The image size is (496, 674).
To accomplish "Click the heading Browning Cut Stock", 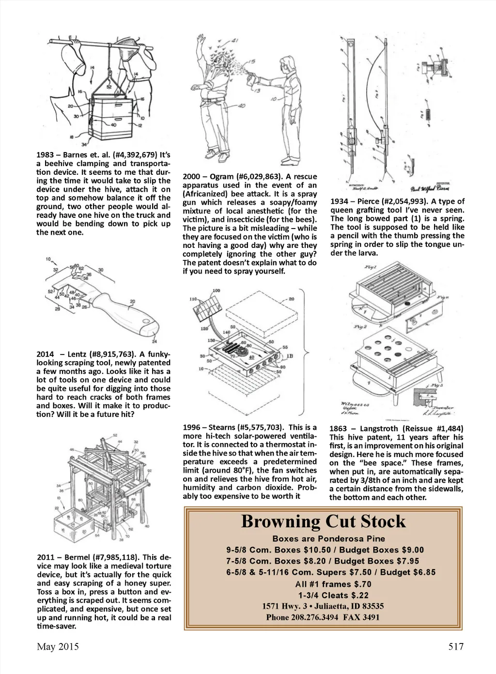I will coord(323,522).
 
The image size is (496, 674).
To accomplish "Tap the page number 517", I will coord(455,647).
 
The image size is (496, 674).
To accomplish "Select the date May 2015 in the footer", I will coord(58,647).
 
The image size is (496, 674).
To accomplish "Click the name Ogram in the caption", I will coord(221,177).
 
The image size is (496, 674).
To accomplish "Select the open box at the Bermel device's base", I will coord(71,530).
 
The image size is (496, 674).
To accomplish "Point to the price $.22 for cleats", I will coord(359,596).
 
